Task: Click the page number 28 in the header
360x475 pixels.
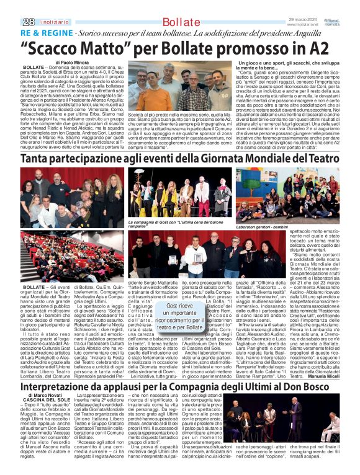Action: (x=11, y=22)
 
